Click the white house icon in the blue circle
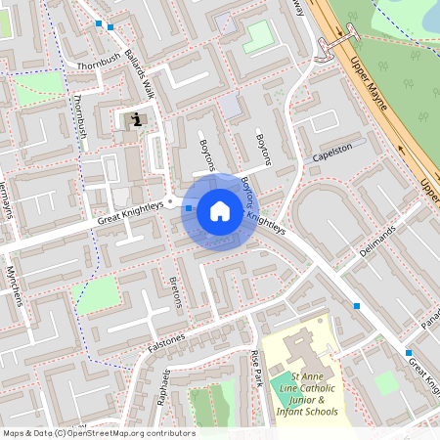pyautogui.click(x=219, y=210)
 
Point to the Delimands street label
pyautogui.click(x=376, y=241)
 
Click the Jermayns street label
pyautogui.click(x=10, y=199)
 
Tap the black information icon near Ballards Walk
pyautogui.click(x=136, y=120)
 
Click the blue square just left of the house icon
pyautogui.click(x=189, y=208)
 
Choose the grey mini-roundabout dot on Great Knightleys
pyautogui.click(x=170, y=203)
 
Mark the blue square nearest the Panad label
pyautogui.click(x=409, y=352)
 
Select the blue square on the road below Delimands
pyautogui.click(x=358, y=306)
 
